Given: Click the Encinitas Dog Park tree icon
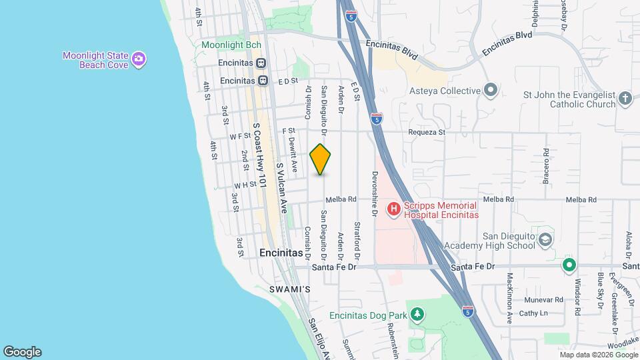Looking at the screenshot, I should click(417, 313).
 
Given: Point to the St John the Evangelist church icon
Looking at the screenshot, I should click(625, 99).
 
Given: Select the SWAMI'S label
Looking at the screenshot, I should click(290, 289).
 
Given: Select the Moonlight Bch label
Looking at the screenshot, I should click(231, 45).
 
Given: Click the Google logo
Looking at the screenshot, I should click(22, 352).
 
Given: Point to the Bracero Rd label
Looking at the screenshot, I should click(545, 167).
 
